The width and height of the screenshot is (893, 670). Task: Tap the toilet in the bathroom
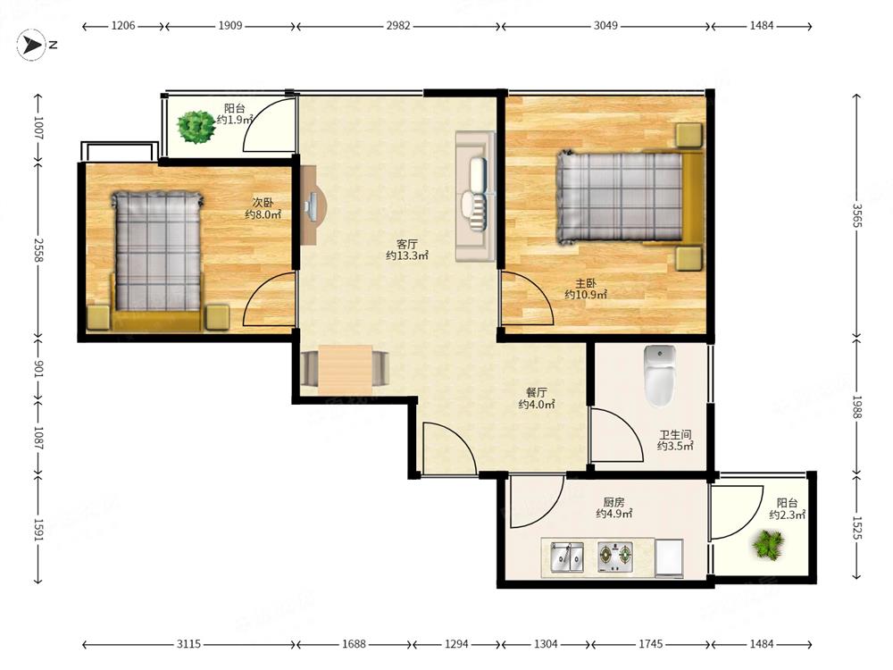point(660,375)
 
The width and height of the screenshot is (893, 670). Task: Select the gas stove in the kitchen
point(615,557)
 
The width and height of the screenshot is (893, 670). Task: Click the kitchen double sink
point(567,557)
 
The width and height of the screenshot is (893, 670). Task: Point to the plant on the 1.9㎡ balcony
point(196,127)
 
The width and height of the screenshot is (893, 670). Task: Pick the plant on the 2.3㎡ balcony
point(768,543)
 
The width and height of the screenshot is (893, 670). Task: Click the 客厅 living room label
point(407,244)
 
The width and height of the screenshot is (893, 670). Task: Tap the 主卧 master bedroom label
point(586,282)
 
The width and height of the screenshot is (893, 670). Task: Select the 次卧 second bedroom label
point(263,202)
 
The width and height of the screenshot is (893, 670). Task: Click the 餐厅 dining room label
point(537,392)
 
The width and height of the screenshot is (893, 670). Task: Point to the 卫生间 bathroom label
point(675,435)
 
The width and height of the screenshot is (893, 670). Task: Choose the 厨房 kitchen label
point(614,502)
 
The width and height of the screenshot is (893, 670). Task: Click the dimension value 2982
point(398,26)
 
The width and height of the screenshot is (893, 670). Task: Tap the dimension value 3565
point(857,215)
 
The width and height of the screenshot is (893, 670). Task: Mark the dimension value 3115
point(188,644)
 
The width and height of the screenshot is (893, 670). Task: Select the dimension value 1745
point(650,644)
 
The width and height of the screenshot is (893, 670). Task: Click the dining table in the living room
point(345,369)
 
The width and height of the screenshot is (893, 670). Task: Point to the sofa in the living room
point(475,197)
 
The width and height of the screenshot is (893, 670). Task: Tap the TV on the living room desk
point(312,206)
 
